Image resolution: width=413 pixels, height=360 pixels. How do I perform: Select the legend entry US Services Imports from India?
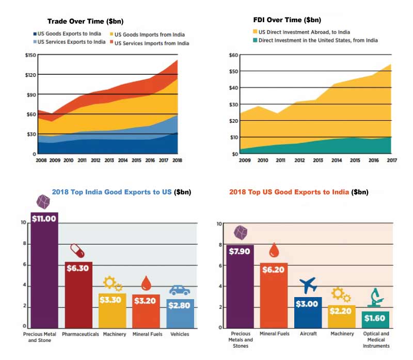(151, 43)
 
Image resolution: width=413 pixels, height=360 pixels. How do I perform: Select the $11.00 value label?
(44, 218)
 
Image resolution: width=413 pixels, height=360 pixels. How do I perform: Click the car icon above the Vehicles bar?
(179, 290)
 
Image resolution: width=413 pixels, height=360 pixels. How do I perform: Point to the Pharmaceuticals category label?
(80, 334)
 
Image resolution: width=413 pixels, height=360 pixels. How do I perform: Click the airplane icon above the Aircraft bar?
(307, 285)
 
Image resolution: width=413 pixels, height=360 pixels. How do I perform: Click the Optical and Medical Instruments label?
(376, 339)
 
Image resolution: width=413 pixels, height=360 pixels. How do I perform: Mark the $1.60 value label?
(375, 318)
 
